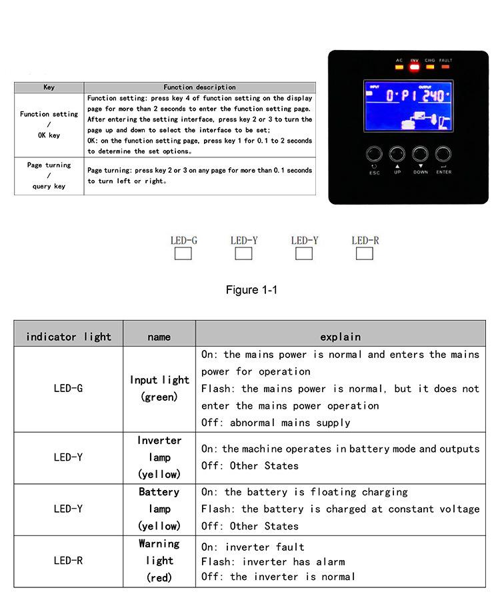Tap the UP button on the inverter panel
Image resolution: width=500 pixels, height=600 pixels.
click(x=397, y=155)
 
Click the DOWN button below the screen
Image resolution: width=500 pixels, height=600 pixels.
click(x=420, y=155)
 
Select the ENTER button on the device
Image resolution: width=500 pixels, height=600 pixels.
click(x=443, y=155)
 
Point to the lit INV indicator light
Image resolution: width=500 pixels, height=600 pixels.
click(x=414, y=66)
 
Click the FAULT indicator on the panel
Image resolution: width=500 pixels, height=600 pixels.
click(x=445, y=66)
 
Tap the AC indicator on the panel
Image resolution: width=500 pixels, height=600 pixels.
click(x=399, y=66)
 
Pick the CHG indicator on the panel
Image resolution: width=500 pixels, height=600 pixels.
click(x=430, y=66)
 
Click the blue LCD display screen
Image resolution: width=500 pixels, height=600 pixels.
click(x=408, y=108)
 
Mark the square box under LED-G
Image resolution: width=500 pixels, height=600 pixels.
click(x=183, y=253)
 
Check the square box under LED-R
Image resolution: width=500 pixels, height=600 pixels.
click(x=364, y=253)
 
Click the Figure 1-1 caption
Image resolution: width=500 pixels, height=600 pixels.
click(x=251, y=290)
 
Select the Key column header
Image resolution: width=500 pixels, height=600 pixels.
click(x=49, y=87)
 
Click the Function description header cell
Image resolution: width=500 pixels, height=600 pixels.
click(x=199, y=87)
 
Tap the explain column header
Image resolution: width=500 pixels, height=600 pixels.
click(x=340, y=337)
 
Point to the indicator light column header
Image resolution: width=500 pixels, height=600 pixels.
click(x=69, y=337)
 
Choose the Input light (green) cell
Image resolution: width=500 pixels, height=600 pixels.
click(x=159, y=389)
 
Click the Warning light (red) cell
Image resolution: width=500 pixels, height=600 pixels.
click(x=159, y=561)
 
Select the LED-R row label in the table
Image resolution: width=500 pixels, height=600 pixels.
click(x=69, y=561)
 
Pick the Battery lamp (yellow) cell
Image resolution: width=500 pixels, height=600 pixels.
click(x=159, y=509)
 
